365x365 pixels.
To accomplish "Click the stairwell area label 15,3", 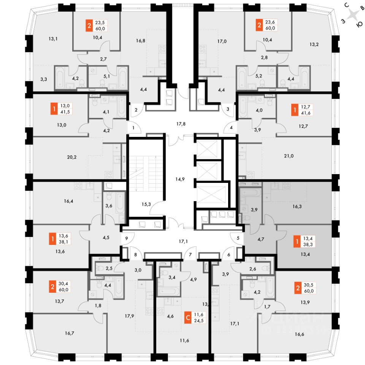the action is tap(146, 204).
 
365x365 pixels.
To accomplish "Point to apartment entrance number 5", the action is tap(238, 239).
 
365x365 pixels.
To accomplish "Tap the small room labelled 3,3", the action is tap(44, 79).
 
